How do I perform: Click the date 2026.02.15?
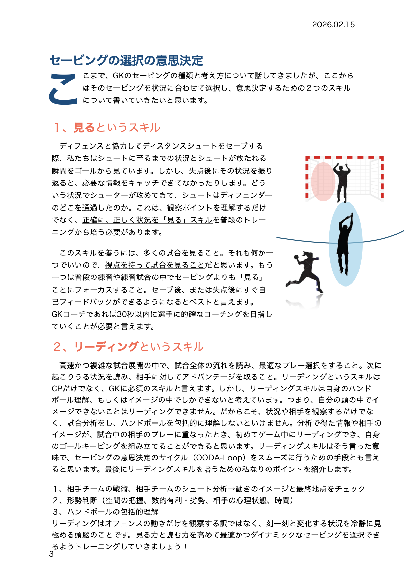333,25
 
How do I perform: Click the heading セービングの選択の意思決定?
126,61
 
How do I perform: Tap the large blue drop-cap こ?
63,89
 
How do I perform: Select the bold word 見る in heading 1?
84,128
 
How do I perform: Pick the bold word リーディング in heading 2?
106,347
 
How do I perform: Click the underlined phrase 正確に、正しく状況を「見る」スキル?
147,220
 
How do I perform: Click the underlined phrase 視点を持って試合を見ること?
154,265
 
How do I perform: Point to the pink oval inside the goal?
323,182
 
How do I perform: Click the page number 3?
51,554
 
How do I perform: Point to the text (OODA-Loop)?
219,458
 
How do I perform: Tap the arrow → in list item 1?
231,489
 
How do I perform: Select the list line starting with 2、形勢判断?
173,500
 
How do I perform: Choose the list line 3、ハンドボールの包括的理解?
106,512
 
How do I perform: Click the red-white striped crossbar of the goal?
344,158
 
